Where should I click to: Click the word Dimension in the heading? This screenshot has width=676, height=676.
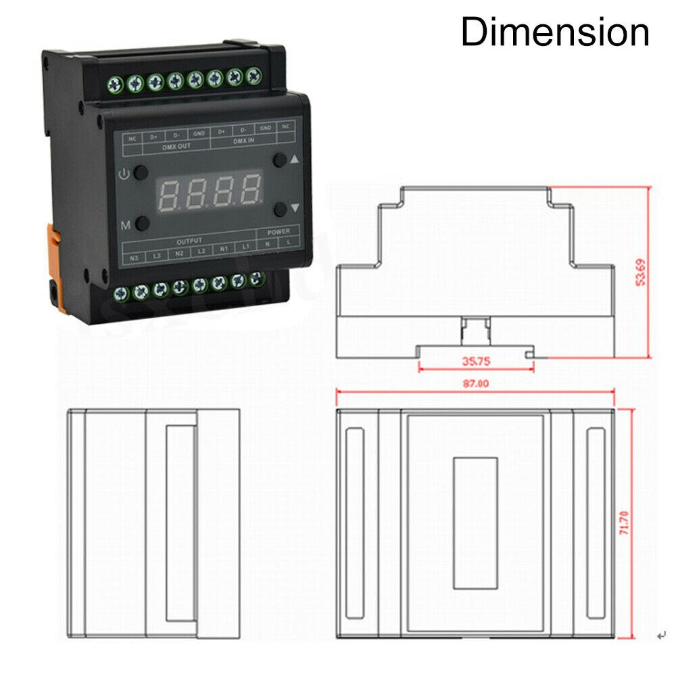point(554,32)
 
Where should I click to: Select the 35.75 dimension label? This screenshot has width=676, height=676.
point(477,361)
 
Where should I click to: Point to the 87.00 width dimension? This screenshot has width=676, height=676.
point(477,383)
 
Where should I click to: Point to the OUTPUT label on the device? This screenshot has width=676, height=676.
point(189,241)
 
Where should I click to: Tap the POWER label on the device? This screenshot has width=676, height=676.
point(278,232)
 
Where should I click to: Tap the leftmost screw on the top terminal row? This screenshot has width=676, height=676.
point(114,84)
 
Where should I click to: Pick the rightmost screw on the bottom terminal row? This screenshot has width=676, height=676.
point(256,279)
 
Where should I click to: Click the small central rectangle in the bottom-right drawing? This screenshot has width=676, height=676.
point(475,523)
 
